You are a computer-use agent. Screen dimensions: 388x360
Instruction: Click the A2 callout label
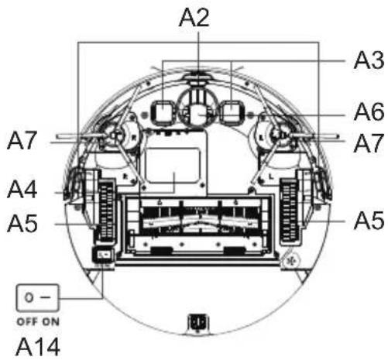(x=194, y=18)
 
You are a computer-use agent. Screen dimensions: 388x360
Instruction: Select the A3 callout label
(x=369, y=60)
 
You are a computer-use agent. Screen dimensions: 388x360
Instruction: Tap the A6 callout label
(x=369, y=112)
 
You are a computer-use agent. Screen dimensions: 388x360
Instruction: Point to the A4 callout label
(x=22, y=190)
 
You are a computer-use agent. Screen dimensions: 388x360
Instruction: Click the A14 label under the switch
(x=38, y=347)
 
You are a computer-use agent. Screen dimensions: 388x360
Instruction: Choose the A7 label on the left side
(x=22, y=141)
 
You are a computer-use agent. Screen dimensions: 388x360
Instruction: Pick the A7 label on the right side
(x=369, y=142)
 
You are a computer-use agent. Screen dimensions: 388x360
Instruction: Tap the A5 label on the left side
(x=22, y=223)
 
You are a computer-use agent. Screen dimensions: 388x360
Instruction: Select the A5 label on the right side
(x=369, y=221)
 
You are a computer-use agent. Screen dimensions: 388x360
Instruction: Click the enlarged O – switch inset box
(x=38, y=297)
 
